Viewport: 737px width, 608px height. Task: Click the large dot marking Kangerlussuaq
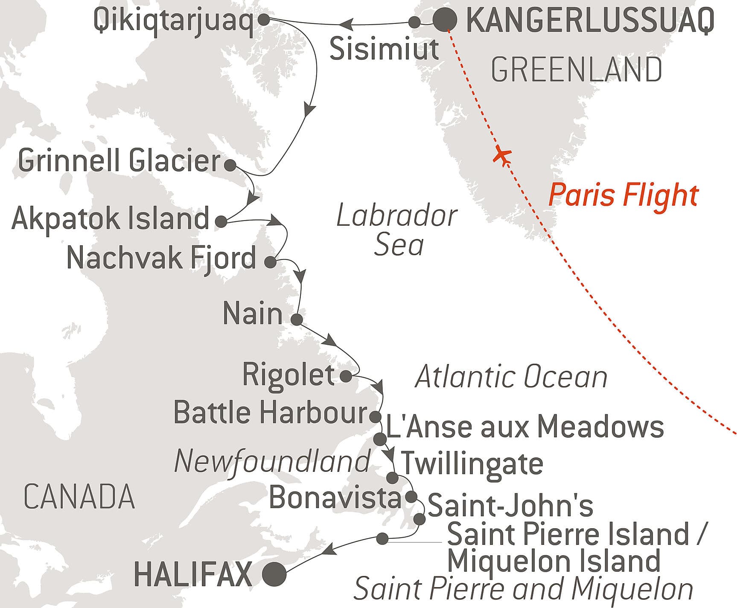click(x=445, y=20)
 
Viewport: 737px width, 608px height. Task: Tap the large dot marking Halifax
click(x=274, y=575)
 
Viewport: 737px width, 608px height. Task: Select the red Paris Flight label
click(x=623, y=195)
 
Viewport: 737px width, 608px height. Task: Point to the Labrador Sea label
click(x=397, y=230)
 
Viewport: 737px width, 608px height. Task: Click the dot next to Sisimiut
click(x=414, y=22)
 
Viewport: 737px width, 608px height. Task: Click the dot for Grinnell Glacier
click(x=230, y=166)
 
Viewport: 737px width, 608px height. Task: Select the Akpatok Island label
click(x=111, y=218)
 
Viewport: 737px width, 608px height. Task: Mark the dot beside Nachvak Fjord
click(x=270, y=262)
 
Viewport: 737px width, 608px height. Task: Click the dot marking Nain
click(x=297, y=319)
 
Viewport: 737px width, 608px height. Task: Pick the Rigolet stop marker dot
click(x=346, y=376)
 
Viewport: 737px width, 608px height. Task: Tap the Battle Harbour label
click(x=271, y=413)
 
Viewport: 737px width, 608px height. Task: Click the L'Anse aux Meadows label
click(x=524, y=427)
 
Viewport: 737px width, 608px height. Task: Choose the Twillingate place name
click(x=472, y=463)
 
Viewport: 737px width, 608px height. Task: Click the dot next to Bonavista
click(x=411, y=497)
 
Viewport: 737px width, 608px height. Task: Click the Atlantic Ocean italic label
click(x=511, y=378)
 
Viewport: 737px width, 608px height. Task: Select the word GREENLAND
click(x=577, y=70)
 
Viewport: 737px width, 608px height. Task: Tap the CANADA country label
click(x=79, y=497)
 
